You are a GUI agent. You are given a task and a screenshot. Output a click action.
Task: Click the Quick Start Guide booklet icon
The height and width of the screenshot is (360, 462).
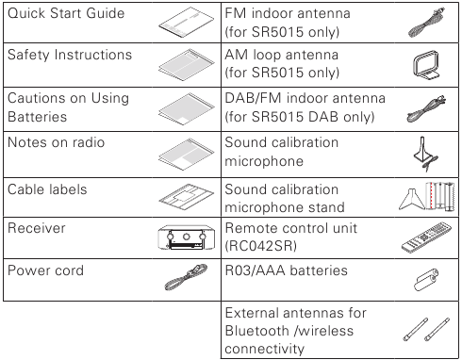click(187, 22)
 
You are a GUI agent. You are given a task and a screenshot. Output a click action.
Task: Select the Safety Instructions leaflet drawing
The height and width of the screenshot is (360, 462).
click(187, 65)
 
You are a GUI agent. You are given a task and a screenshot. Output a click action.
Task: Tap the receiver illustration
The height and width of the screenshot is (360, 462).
click(187, 237)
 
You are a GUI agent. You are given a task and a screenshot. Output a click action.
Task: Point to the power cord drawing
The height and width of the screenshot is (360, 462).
click(186, 277)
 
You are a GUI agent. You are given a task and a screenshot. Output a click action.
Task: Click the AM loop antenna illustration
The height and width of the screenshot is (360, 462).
click(426, 65)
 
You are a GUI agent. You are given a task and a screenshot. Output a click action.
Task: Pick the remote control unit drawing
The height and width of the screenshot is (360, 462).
click(426, 237)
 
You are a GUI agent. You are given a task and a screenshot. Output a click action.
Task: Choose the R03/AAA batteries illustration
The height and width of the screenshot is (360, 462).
click(426, 280)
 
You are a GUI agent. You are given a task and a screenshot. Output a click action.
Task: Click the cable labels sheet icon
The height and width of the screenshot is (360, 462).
click(187, 197)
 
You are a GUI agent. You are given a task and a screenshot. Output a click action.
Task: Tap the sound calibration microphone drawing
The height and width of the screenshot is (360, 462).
click(426, 154)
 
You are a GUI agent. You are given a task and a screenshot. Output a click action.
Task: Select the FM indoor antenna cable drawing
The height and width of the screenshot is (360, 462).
click(426, 23)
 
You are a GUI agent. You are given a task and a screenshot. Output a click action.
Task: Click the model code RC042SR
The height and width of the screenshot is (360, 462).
click(261, 246)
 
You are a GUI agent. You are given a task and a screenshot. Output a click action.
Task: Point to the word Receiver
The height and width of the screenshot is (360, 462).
click(37, 228)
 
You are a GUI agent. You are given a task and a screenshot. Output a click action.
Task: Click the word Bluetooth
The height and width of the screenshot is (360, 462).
click(257, 331)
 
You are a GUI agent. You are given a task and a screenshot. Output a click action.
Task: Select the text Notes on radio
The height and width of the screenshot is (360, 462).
click(56, 142)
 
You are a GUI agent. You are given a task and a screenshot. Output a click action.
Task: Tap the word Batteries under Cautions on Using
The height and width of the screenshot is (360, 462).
click(37, 117)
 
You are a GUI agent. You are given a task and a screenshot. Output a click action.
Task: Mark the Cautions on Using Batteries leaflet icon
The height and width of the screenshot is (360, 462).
click(187, 108)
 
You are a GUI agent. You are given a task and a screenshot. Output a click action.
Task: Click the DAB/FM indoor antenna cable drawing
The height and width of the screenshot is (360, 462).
click(426, 108)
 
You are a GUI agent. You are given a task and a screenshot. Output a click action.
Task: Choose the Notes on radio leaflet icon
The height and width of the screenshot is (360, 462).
click(187, 155)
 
